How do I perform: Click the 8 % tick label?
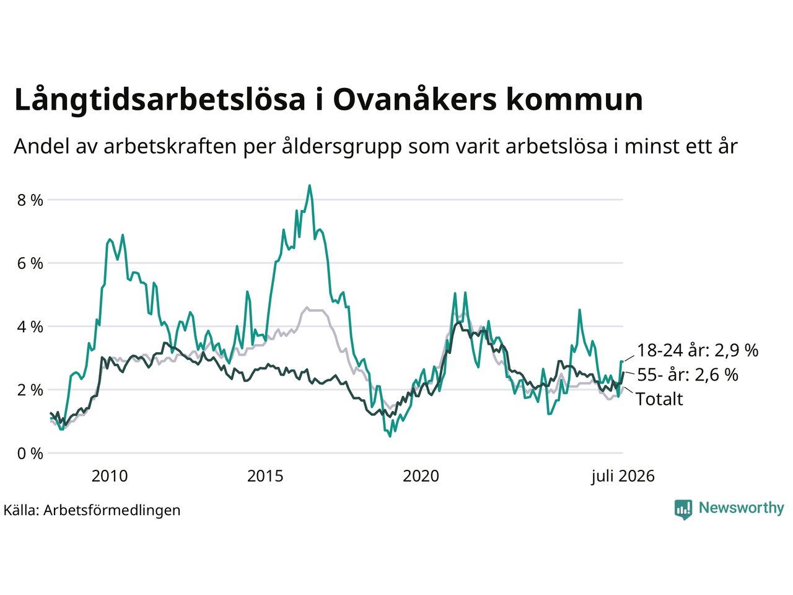(30, 200)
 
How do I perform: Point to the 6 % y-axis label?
(30, 264)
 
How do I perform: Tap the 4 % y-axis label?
(30, 327)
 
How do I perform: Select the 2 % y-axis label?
(30, 390)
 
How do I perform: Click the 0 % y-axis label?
(30, 454)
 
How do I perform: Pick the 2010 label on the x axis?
(110, 476)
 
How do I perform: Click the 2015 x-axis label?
(265, 476)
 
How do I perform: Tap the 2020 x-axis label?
(421, 476)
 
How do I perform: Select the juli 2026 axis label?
(623, 476)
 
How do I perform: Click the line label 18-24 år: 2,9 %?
(698, 350)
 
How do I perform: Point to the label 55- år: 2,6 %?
(688, 374)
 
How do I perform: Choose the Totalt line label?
(659, 399)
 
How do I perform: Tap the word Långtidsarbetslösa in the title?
(160, 100)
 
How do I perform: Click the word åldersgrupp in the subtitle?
(342, 147)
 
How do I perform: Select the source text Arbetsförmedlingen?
(112, 510)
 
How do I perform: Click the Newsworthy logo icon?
(683, 509)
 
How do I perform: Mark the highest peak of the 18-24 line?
(310, 186)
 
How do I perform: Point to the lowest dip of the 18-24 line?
(390, 436)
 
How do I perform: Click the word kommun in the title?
(574, 99)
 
